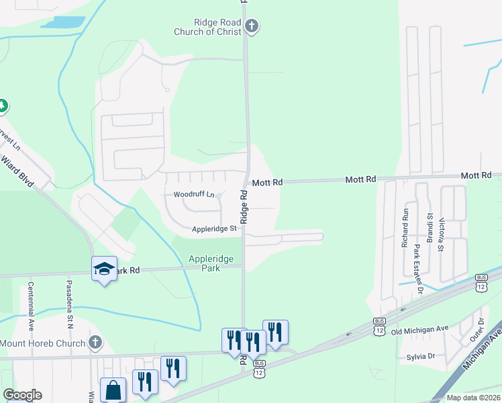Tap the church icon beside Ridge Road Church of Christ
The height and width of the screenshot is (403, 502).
252,27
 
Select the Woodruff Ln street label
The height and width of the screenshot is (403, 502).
193,195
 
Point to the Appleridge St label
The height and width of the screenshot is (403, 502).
215,228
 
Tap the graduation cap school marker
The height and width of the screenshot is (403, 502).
104,269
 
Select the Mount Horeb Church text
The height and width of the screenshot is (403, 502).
42,343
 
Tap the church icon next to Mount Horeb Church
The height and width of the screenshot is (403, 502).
95,343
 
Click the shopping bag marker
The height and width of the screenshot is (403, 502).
113,390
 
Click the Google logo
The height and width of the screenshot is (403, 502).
22,394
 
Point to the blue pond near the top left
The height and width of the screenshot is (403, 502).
63,22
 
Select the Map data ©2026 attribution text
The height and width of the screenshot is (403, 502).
472,398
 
